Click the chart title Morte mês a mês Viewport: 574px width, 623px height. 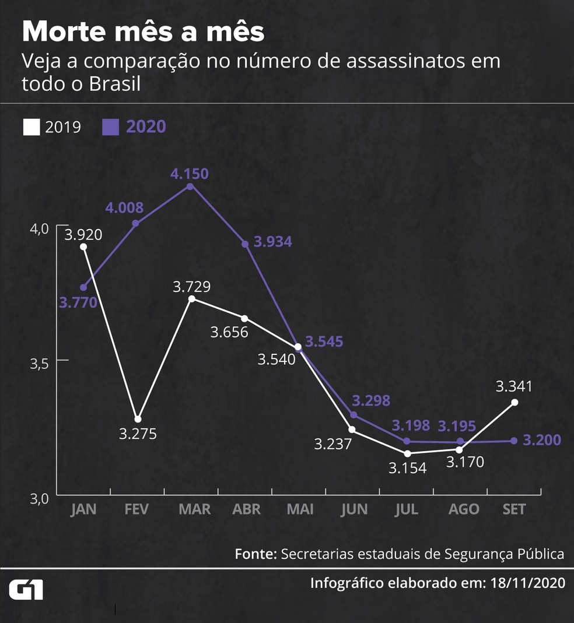point(143,32)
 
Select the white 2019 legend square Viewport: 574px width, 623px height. point(31,127)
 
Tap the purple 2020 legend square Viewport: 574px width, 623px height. point(111,127)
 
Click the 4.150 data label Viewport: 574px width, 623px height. point(190,173)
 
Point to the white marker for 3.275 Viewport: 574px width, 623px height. point(138,419)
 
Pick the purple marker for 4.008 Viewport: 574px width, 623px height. point(135,223)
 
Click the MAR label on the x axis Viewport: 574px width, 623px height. point(194,509)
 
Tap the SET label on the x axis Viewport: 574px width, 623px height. point(514,509)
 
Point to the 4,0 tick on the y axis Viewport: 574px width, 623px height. point(41,228)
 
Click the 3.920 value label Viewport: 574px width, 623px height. point(83,235)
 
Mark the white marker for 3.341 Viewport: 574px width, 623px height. point(515,402)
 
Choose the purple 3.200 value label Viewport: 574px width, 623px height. point(542,440)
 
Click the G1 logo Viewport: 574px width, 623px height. point(26,590)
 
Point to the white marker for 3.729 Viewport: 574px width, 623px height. point(192,299)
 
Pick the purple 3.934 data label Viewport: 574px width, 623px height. point(272,242)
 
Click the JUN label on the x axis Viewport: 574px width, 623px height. point(355,509)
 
